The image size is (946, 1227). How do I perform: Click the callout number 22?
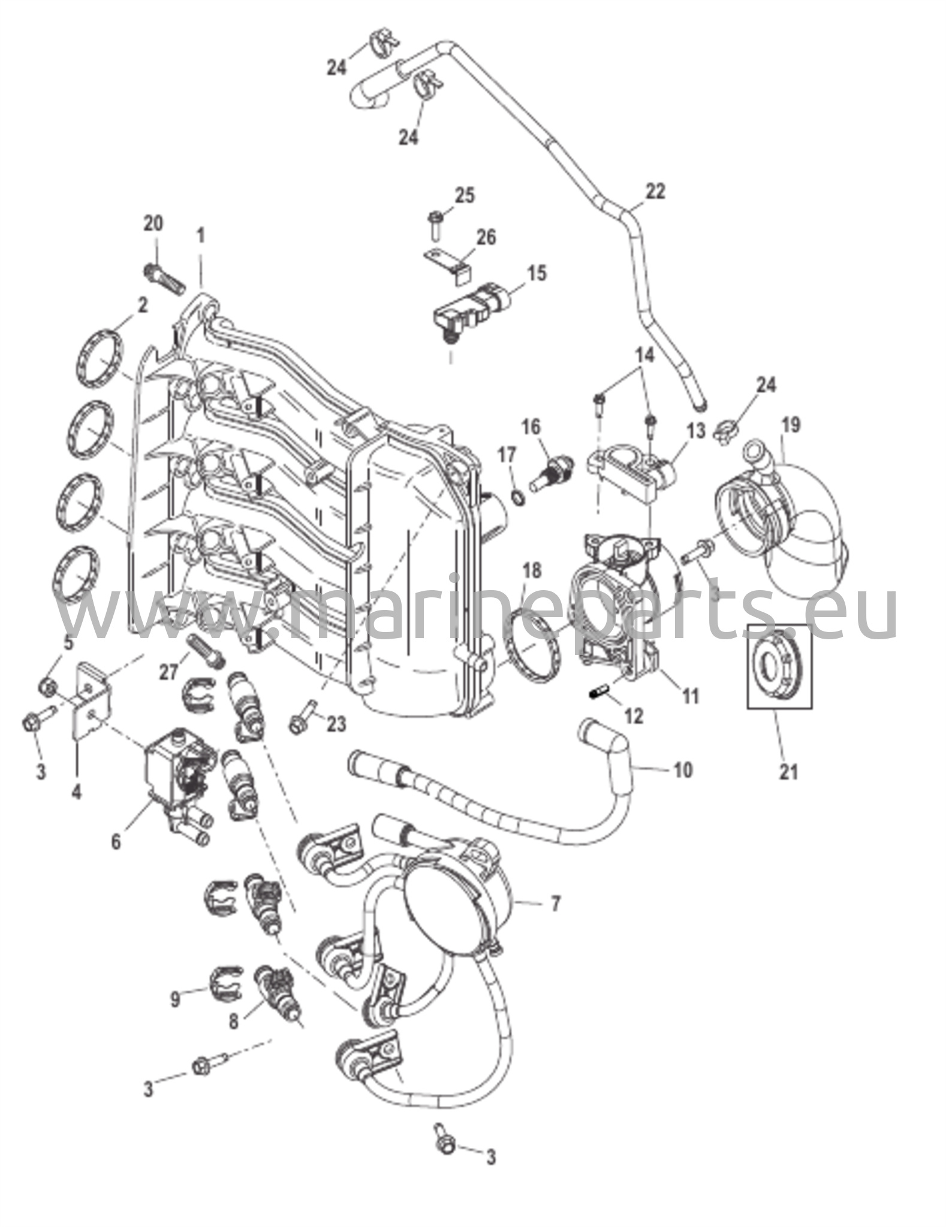pyautogui.click(x=655, y=192)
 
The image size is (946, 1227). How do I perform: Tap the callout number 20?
pyautogui.click(x=153, y=223)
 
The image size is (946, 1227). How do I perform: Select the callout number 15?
pyautogui.click(x=537, y=274)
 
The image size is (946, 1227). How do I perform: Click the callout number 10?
pyautogui.click(x=683, y=769)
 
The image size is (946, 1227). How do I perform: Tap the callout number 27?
pyautogui.click(x=169, y=672)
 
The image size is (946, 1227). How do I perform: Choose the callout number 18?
pyautogui.click(x=532, y=571)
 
